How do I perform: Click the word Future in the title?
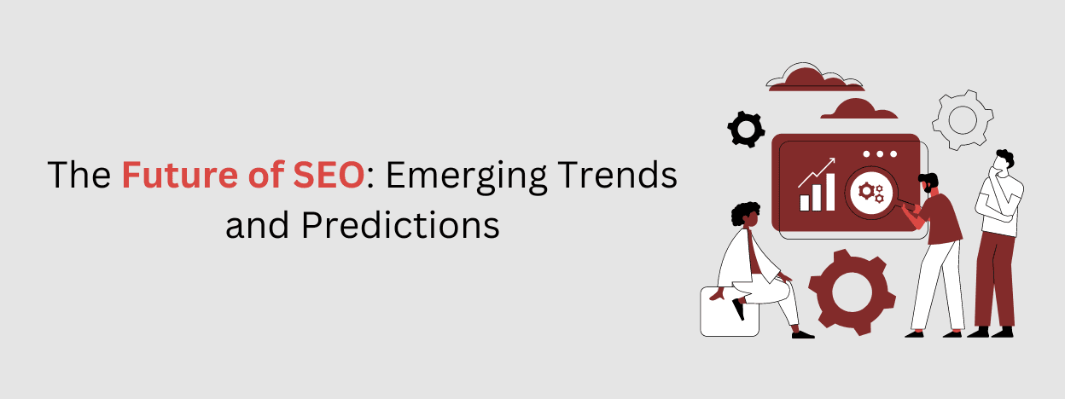[x=172, y=176]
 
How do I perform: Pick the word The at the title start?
[x=79, y=176]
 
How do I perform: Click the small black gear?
[x=746, y=129]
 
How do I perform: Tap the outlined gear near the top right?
[x=963, y=120]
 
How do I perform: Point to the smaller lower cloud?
[x=859, y=110]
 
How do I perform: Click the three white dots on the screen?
[x=882, y=154]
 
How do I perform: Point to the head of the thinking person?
[x=1004, y=163]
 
